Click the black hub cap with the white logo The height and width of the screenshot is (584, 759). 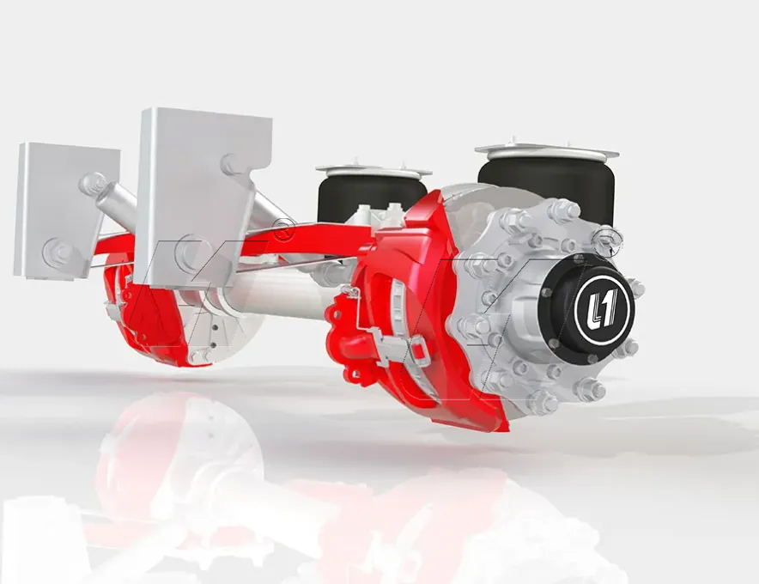(591, 307)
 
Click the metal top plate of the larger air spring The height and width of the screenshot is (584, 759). (547, 151)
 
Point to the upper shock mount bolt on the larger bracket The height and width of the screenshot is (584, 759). (233, 164)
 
